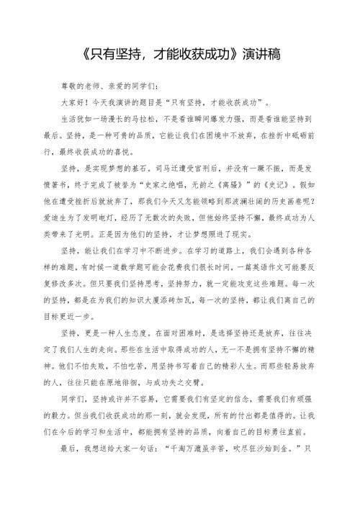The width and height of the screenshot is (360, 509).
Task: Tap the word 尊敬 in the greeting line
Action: (69, 86)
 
